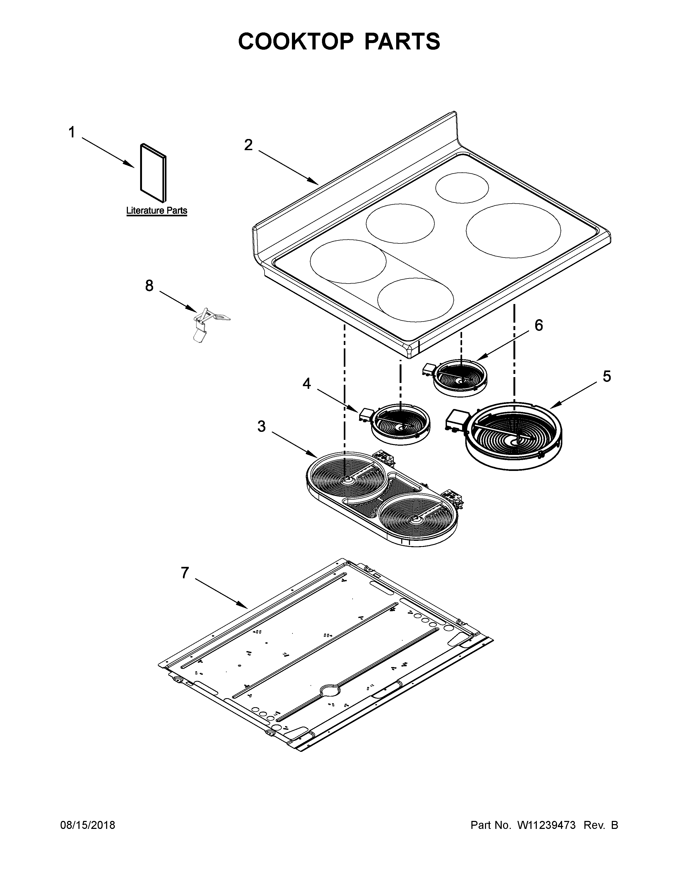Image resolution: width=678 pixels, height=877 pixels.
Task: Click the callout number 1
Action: tap(72, 132)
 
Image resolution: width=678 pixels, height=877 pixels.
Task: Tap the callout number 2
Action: tap(249, 145)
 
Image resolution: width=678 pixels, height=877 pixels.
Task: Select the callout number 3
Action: tap(261, 427)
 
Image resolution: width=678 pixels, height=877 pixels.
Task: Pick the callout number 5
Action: tap(606, 376)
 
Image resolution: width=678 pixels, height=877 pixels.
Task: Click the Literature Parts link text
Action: tap(157, 210)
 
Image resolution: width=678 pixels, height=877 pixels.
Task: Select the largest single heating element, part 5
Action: tap(514, 436)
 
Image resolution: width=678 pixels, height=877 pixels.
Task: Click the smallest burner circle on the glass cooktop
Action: tap(462, 188)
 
